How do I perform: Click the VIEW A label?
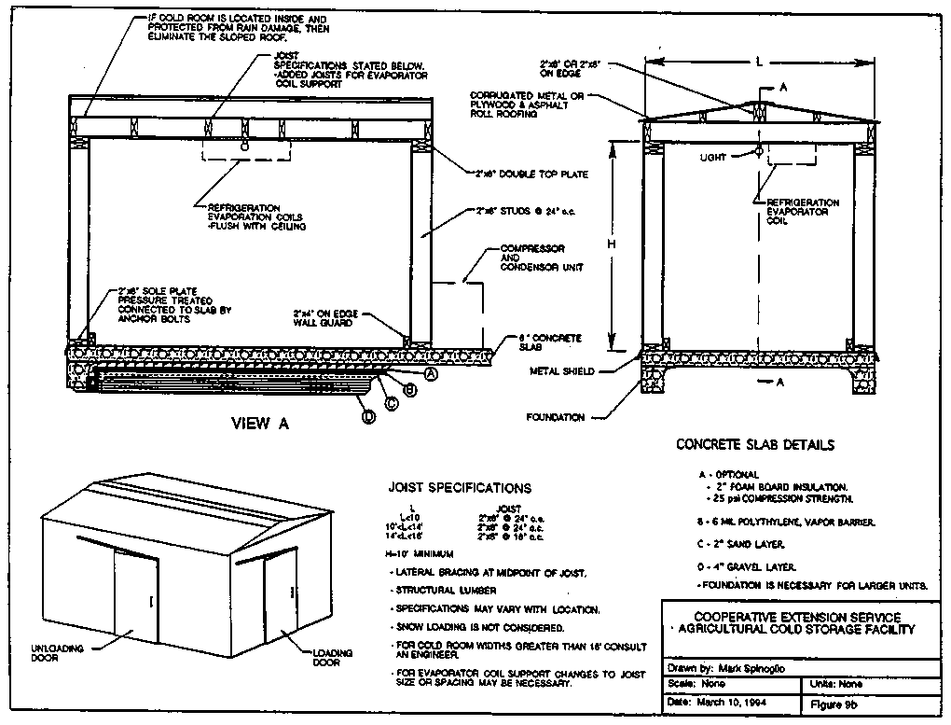pos(260,423)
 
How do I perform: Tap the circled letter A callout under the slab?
pos(431,373)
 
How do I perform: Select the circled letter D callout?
pos(368,416)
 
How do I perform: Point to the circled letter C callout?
pos(392,402)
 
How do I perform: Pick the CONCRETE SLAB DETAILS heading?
pos(755,445)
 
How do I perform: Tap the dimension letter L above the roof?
pos(760,62)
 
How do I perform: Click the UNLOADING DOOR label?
pos(58,652)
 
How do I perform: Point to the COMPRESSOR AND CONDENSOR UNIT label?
pos(542,258)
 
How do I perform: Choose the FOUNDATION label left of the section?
pos(555,417)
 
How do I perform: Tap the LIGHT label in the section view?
pos(713,158)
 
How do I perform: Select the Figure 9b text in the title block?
pos(835,702)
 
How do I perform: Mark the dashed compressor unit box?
pos(461,313)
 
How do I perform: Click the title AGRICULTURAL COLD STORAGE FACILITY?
pos(798,630)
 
